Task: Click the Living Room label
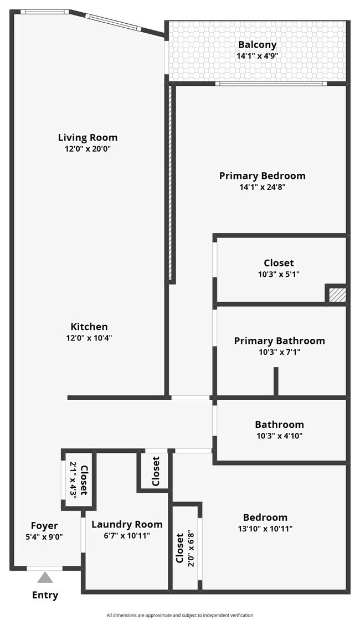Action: point(88,138)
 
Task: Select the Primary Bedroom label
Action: point(263,175)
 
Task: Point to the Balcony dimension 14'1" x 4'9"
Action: point(257,56)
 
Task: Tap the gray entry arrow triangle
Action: point(45,578)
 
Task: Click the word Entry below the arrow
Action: point(45,595)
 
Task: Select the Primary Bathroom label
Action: point(279,341)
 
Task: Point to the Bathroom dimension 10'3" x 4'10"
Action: point(279,436)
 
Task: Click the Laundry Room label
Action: point(127,524)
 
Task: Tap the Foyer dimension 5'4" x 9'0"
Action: point(45,536)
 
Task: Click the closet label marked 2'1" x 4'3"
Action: point(79,479)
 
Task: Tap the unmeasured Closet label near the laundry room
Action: point(156,471)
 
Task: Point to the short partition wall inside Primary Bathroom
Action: point(276,382)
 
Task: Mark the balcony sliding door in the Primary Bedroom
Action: point(271,84)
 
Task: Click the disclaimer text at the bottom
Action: point(180,615)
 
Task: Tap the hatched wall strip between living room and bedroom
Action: point(171,183)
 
